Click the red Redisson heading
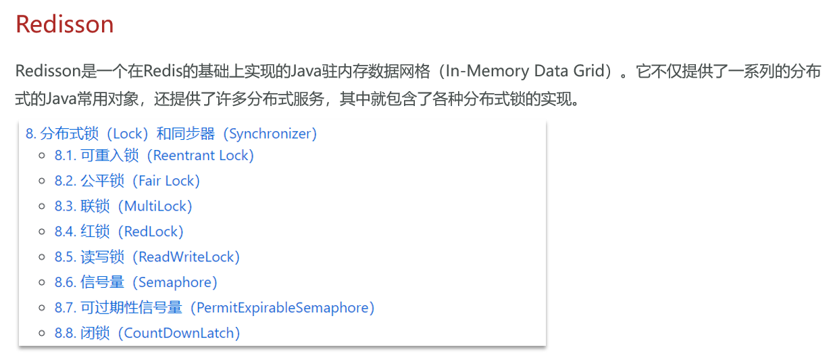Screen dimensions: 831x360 64,24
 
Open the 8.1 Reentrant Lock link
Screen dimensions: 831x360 154,155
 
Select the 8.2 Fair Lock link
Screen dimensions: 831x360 127,181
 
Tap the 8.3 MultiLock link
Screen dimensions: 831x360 123,206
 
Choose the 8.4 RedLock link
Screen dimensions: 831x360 119,232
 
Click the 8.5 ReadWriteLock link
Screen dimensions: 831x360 147,257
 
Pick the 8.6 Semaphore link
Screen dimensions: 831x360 136,282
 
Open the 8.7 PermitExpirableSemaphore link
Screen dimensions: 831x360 214,307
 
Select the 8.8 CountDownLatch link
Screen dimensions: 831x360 147,333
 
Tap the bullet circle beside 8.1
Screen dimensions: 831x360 42,156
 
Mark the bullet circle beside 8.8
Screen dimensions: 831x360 42,334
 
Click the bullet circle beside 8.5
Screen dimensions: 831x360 42,257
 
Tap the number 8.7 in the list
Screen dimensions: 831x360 65,308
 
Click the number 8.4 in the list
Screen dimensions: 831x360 65,232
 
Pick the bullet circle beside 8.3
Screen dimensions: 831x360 42,207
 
